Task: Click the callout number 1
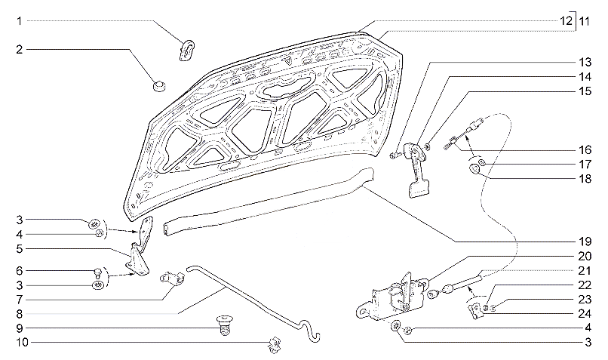[20, 22]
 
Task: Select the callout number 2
[20, 50]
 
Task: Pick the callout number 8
[20, 313]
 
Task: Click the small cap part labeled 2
[158, 85]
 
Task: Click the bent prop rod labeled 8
[249, 299]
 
